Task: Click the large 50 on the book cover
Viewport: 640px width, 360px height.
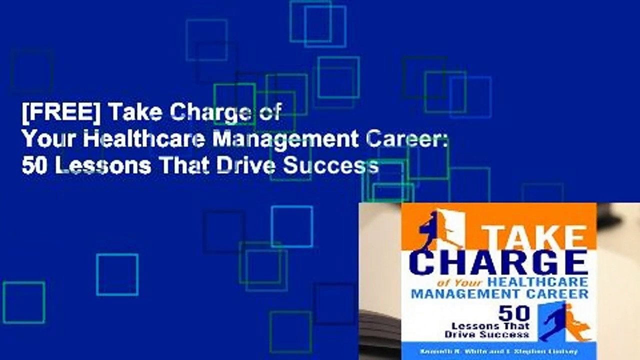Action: tap(514, 313)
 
